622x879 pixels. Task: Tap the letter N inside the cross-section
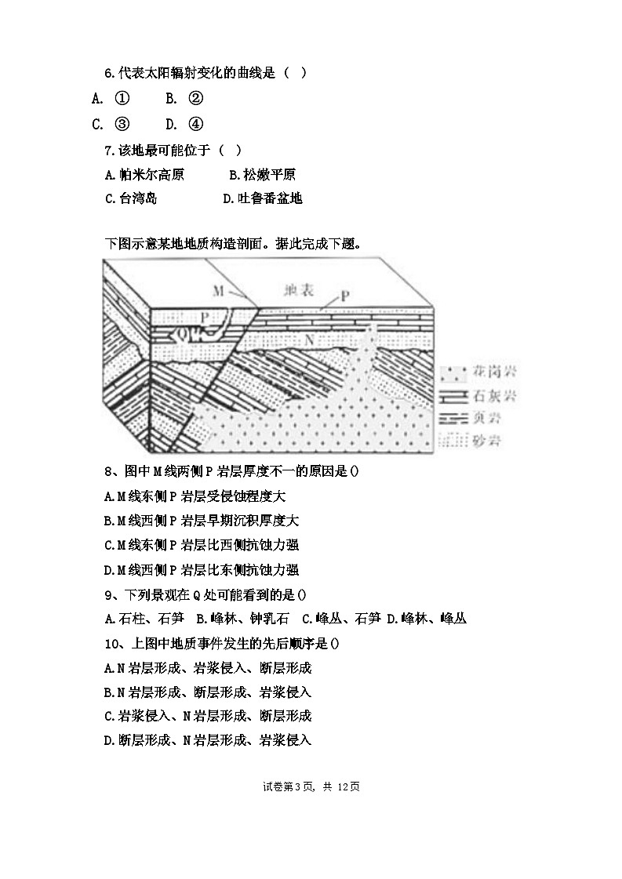click(x=309, y=341)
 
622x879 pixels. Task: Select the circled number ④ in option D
click(x=196, y=124)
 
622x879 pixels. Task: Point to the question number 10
click(x=111, y=643)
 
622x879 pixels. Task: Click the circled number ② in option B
click(x=196, y=99)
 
